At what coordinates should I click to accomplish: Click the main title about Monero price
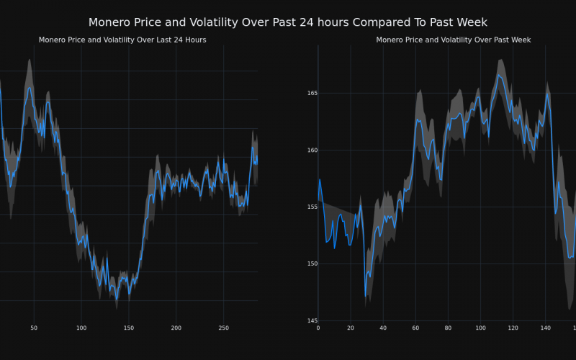point(288,22)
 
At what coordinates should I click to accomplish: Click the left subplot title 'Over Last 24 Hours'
point(122,40)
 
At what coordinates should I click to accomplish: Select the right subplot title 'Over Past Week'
point(454,40)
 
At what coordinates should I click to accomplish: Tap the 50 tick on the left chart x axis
point(34,328)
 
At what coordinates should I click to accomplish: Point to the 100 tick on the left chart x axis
point(81,328)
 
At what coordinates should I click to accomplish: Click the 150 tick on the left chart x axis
point(129,328)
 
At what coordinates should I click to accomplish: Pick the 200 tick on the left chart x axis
point(176,328)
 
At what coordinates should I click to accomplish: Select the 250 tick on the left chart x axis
point(224,328)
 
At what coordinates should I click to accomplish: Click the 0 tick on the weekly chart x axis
point(318,328)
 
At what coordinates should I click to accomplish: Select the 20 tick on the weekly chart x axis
point(351,328)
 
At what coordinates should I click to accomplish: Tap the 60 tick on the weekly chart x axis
point(415,328)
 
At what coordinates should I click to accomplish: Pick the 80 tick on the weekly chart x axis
point(448,328)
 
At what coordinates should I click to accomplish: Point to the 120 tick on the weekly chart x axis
point(513,328)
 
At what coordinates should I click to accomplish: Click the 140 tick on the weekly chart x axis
point(545,328)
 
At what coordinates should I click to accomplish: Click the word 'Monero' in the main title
point(109,22)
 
